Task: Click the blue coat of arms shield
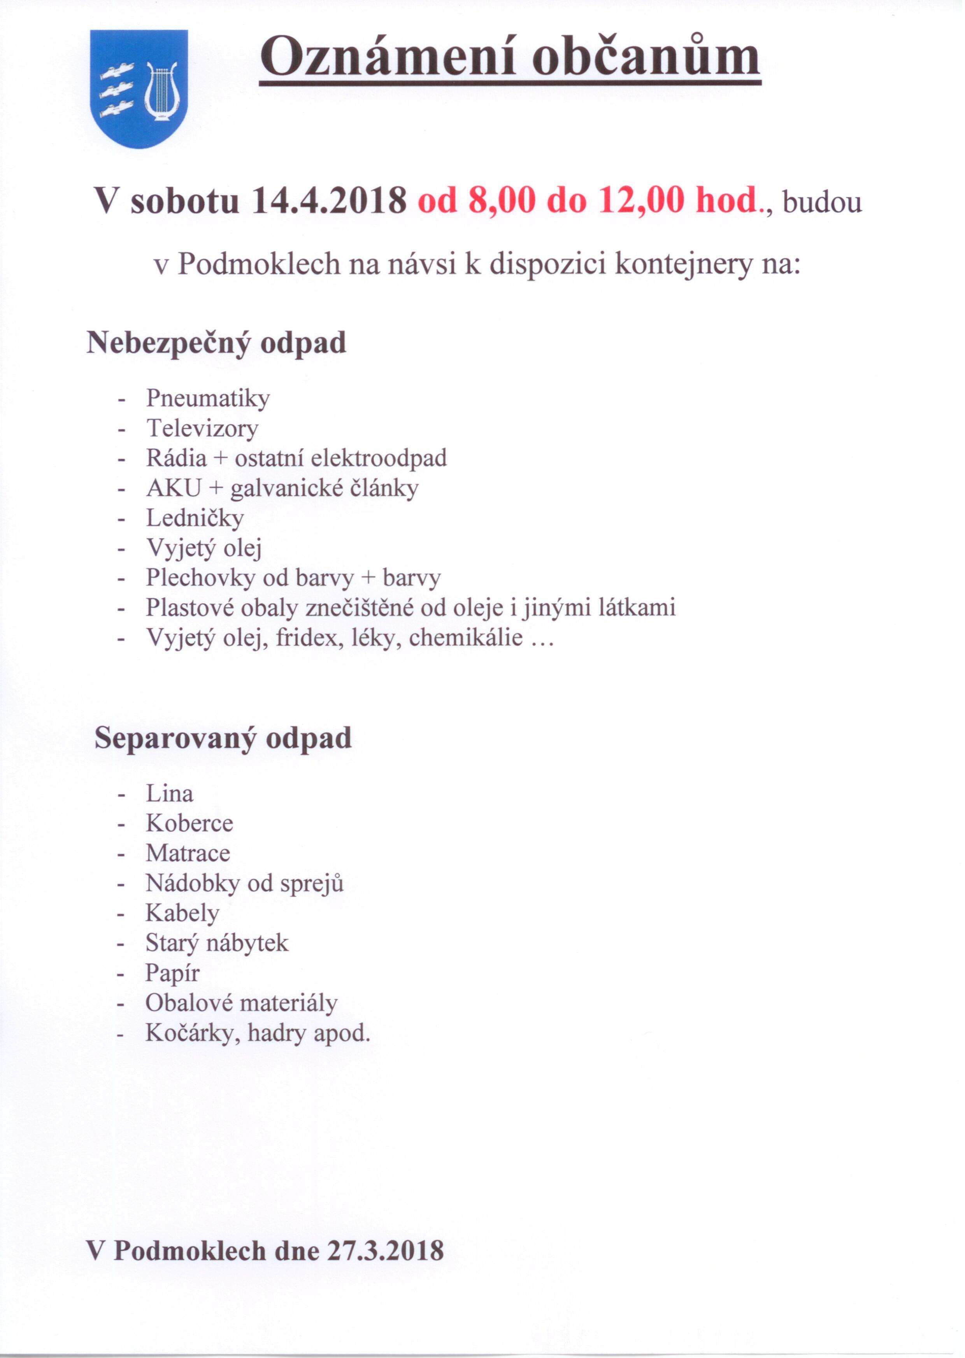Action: point(139,89)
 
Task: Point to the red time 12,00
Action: point(641,201)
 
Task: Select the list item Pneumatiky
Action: point(208,398)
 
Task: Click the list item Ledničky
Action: point(195,518)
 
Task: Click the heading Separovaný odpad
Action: point(223,738)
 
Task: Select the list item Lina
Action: point(169,793)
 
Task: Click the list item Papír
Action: point(172,973)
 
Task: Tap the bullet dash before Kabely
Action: point(121,914)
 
